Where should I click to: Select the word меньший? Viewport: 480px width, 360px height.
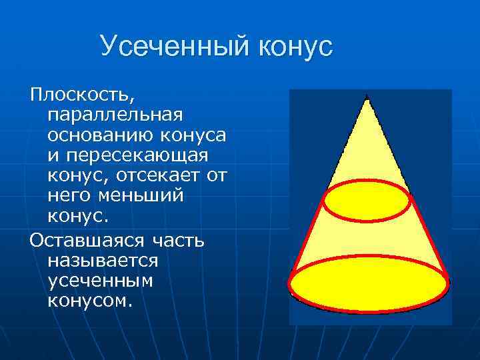point(139,197)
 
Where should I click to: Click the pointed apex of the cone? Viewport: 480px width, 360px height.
point(367,99)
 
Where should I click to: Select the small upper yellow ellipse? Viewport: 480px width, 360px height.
point(367,200)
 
